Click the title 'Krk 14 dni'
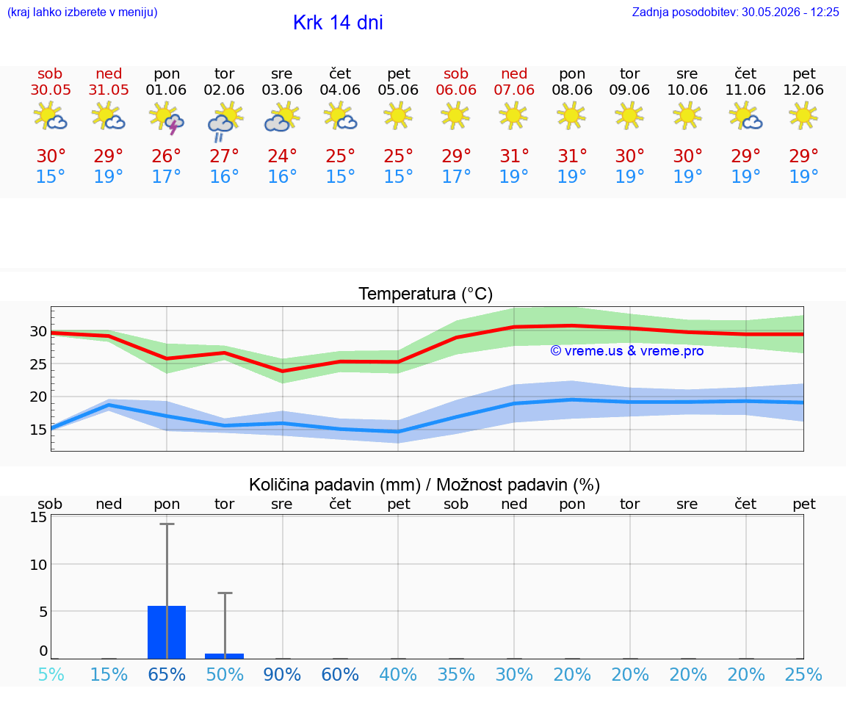click(338, 23)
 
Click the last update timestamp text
click(735, 12)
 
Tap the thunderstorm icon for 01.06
click(167, 118)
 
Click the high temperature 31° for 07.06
click(513, 156)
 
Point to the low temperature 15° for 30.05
click(50, 176)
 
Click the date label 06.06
click(456, 90)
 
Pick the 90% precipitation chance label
click(282, 674)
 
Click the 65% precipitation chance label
click(167, 674)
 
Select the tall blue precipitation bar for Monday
click(167, 632)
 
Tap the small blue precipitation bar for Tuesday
click(225, 656)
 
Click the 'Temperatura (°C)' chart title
click(426, 294)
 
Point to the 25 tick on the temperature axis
click(38, 364)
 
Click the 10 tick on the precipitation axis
click(38, 565)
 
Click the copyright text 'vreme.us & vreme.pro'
click(627, 351)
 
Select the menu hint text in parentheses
click(82, 12)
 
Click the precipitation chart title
click(424, 485)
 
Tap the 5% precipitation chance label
click(51, 674)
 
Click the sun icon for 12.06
click(803, 116)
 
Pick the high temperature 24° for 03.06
click(282, 156)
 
